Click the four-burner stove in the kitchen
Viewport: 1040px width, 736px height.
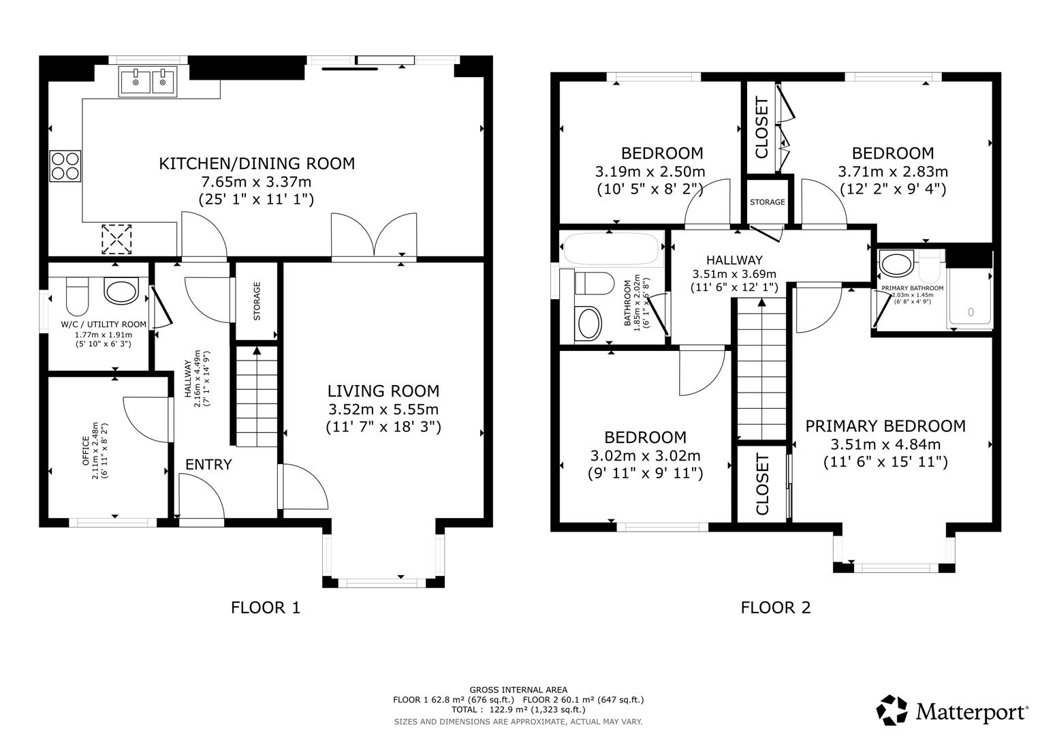click(65, 166)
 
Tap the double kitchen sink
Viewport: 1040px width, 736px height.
click(148, 81)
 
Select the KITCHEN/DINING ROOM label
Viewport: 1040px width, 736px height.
click(257, 164)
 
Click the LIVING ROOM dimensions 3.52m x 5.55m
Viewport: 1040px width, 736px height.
click(383, 410)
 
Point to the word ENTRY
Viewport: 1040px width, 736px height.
click(208, 464)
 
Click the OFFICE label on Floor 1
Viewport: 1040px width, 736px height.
click(85, 450)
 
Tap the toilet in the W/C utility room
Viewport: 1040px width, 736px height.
click(77, 296)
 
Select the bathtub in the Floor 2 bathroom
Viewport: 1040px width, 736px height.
click(611, 249)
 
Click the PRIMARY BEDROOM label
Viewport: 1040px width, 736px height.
click(885, 426)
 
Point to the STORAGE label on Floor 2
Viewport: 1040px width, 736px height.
click(768, 202)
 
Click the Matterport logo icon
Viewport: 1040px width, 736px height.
click(892, 710)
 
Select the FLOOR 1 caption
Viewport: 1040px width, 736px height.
click(266, 607)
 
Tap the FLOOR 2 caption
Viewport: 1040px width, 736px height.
click(775, 607)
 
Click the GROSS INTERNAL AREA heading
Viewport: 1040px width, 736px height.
click(518, 690)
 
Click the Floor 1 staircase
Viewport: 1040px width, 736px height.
click(257, 397)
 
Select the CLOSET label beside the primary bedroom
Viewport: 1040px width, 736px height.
click(762, 485)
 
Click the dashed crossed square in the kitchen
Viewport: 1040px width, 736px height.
click(116, 239)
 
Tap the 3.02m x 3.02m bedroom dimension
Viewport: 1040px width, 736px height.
click(646, 455)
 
